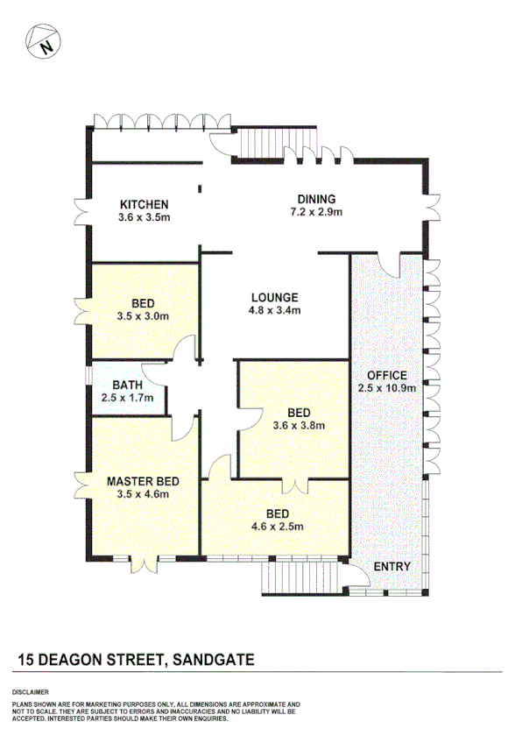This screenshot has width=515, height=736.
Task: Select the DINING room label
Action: coord(316,199)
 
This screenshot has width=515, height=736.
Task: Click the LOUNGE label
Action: coord(273,297)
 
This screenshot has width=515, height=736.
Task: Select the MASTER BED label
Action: coord(144,481)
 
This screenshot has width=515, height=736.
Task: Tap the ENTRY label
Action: coord(392,567)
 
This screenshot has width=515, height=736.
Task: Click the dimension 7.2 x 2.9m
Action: coord(316,212)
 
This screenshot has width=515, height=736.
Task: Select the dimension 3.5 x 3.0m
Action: coord(144,316)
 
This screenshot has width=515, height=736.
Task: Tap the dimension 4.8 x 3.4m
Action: coord(273,310)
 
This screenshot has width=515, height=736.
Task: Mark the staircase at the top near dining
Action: coord(264,143)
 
